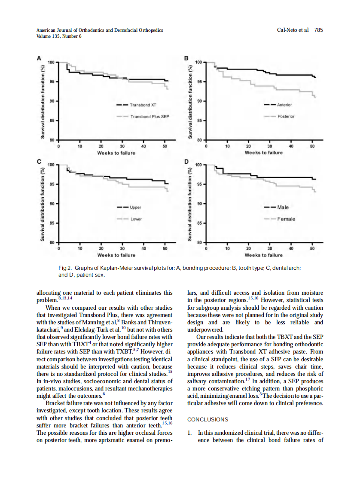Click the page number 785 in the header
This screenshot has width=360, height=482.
318,30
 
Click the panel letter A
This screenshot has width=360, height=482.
39,58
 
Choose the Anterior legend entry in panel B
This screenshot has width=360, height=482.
284,105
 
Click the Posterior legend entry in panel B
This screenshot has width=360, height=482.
286,116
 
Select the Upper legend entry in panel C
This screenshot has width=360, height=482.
135,207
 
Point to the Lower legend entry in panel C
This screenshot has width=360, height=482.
136,219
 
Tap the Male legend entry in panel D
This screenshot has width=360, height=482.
283,207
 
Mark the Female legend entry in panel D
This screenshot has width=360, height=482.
286,219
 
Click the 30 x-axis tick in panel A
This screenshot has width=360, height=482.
122,146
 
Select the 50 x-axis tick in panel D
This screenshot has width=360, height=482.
312,248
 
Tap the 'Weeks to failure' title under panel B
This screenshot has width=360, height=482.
264,153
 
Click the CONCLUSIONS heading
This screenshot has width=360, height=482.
208,419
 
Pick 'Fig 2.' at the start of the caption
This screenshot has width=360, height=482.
64,268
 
